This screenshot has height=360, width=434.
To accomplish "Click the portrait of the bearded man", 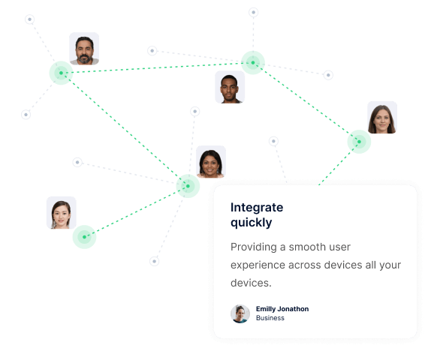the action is point(84,49).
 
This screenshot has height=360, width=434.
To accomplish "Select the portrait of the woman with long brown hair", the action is point(382,118).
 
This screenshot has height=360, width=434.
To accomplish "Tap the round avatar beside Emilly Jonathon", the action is point(240,313).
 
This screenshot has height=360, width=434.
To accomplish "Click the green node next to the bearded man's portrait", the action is point(61,73).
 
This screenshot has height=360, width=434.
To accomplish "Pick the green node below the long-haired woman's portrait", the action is point(359,142).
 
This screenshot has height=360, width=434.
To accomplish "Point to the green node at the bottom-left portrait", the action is point(84,237).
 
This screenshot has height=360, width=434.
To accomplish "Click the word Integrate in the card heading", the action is point(257,207).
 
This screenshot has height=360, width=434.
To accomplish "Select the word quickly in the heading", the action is point(252,223).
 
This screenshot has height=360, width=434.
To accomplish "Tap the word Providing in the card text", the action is point(254,247).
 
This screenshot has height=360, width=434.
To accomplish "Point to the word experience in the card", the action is point(258,265).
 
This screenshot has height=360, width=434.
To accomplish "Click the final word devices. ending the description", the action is point(251,283).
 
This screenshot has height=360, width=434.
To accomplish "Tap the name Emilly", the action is point(266,309).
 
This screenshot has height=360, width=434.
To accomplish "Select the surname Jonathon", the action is point(293,309).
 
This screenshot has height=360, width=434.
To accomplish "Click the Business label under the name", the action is point(270,318).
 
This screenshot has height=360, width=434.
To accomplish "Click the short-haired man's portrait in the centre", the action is point(230,87).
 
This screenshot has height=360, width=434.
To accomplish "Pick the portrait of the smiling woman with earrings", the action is point(211,162).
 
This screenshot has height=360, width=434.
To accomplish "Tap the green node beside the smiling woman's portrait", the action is point(188,186).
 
